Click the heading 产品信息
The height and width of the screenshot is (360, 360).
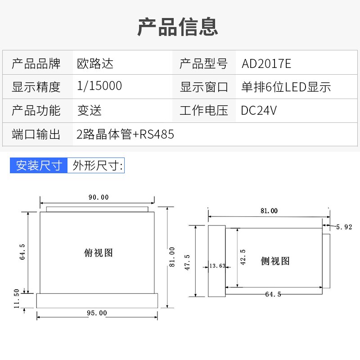pos(178,27)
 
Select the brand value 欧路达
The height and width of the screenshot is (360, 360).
pos(95,63)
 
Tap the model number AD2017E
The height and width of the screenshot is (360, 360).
pos(266,63)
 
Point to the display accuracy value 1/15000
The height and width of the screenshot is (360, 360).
pos(99,86)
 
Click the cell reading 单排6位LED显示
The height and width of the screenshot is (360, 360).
pos(286,87)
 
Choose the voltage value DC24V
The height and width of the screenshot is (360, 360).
pos(259,110)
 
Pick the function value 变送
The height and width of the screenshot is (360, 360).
pos(90,110)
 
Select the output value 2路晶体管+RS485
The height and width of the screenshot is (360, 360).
pos(126,134)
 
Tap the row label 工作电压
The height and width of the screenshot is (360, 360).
pos(204,110)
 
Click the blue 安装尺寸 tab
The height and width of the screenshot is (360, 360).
pos(39,166)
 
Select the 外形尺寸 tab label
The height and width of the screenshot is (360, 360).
pos(95,166)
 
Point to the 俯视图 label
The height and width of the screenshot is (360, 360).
pos(99,253)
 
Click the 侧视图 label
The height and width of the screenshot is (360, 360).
pos(275,261)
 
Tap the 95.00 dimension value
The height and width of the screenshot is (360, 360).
pos(97,313)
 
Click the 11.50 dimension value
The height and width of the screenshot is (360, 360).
pos(17,299)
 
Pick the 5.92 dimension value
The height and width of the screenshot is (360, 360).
pos(344,227)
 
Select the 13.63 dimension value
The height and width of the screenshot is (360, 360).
pos(217,266)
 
